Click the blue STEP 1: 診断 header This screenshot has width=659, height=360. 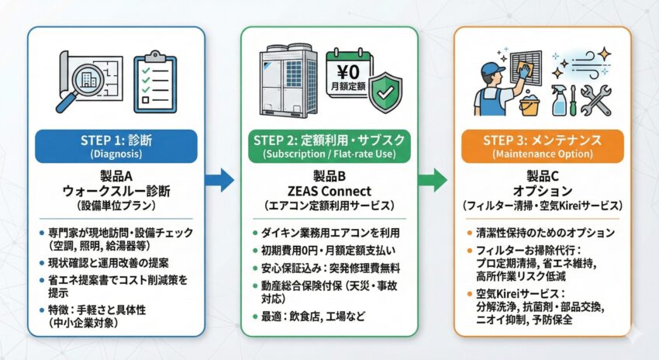click(116, 147)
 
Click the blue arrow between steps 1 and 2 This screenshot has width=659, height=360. click(221, 181)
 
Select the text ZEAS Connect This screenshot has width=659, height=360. click(329, 192)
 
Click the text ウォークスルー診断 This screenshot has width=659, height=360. click(116, 192)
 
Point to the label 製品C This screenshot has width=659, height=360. click(543, 177)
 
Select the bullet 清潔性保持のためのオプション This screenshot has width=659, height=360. click(547, 233)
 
